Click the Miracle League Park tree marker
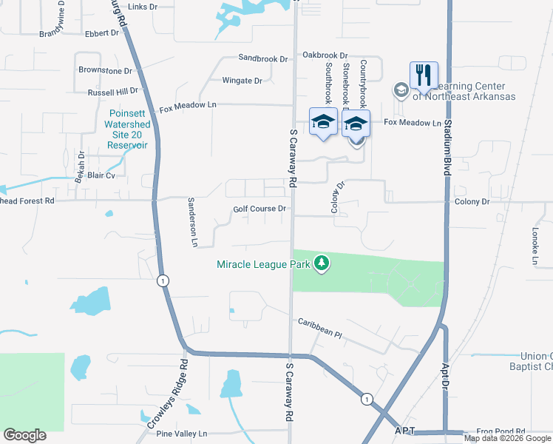pyautogui.click(x=321, y=263)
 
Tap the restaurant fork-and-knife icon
pyautogui.click(x=424, y=75)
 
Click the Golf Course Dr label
pyautogui.click(x=259, y=209)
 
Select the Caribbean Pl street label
pyautogui.click(x=320, y=329)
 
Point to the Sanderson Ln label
pyautogui.click(x=194, y=222)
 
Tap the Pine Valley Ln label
pyautogui.click(x=185, y=433)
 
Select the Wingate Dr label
pyautogui.click(x=242, y=81)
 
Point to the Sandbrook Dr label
pyautogui.click(x=262, y=57)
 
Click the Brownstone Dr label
pyautogui.click(x=105, y=70)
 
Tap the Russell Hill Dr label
pyautogui.click(x=112, y=92)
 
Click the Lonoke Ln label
pyautogui.click(x=534, y=246)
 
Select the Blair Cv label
pyautogui.click(x=101, y=176)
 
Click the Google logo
pyautogui.click(x=24, y=435)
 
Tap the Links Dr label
pyautogui.click(x=143, y=7)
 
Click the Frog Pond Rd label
pyautogui.click(x=501, y=431)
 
